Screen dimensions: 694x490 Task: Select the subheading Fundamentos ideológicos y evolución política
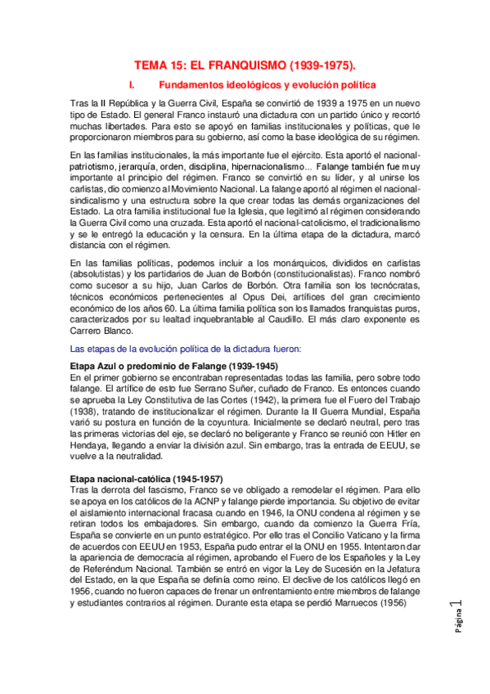coord(267,84)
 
